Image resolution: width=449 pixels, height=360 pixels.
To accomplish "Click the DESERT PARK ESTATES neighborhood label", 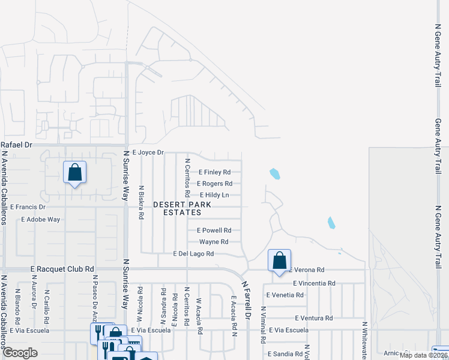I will coord(177,208).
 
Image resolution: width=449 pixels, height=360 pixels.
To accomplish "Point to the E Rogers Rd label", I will coord(214,184).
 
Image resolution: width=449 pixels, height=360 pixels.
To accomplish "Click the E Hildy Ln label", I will coord(214,195).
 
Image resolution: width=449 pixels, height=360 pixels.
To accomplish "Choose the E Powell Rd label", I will coord(214,230).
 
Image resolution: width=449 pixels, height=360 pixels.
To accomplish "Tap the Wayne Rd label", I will coord(214,242).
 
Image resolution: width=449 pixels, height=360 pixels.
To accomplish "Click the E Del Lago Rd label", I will coord(193,254).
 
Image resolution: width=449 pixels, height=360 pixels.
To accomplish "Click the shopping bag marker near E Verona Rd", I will coord(279,260).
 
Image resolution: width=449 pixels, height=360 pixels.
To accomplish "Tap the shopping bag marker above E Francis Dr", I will coord(74,172).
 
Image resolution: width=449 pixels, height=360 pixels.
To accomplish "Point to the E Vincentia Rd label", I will coord(314,283).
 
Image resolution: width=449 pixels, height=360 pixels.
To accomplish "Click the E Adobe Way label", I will coord(40,219).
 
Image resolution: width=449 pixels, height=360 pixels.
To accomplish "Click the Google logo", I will coord(20,353).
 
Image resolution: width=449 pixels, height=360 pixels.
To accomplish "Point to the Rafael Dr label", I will coord(16,145).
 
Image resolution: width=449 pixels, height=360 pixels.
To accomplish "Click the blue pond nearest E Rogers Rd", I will coord(275,174).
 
